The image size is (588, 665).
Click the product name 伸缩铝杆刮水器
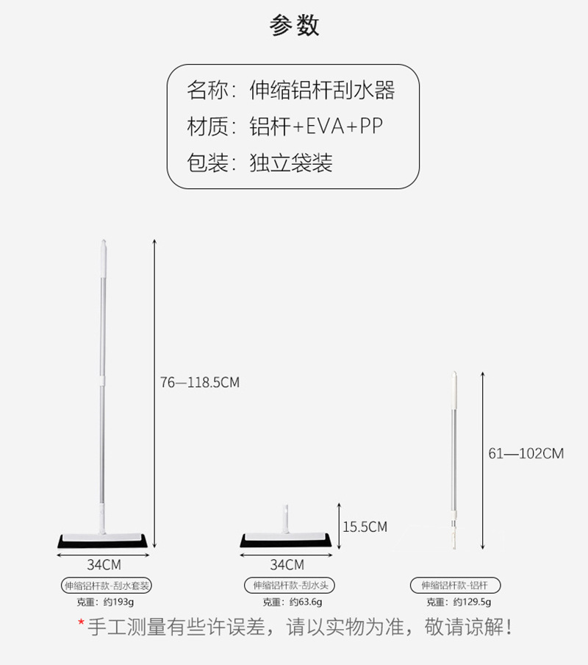(322, 90)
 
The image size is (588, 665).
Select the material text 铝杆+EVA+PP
(316, 127)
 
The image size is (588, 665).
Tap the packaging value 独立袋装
(291, 163)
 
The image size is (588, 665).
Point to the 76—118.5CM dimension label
(200, 383)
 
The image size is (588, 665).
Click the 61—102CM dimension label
(526, 453)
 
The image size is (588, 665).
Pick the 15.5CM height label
(365, 527)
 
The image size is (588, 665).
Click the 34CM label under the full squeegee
(102, 565)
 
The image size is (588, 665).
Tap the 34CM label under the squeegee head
(287, 565)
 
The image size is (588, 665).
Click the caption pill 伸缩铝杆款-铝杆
(456, 586)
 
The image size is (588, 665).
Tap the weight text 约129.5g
(471, 602)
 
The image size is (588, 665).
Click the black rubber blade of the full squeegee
(102, 541)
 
